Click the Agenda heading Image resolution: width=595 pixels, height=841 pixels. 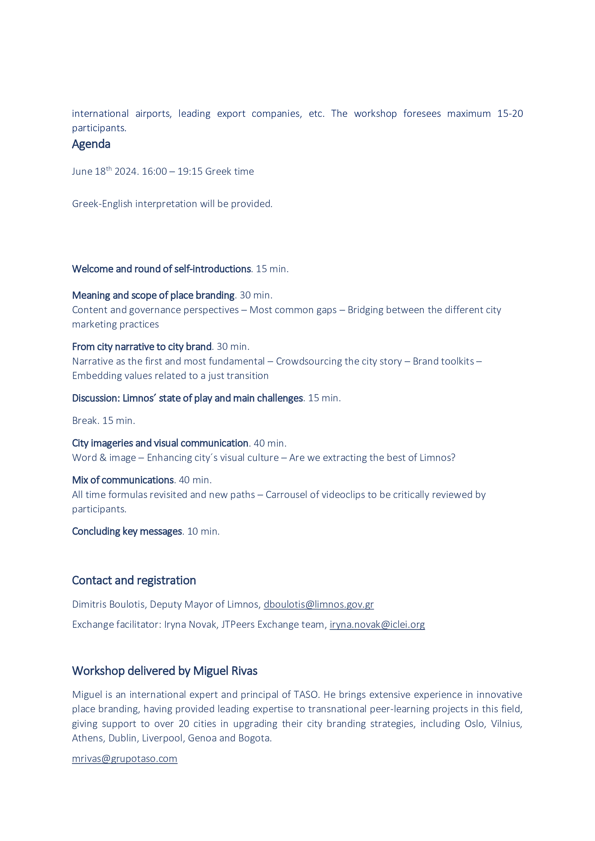[x=91, y=144]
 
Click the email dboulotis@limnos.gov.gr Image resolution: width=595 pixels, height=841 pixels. [x=318, y=604]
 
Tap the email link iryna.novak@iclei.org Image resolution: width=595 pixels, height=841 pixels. [x=377, y=624]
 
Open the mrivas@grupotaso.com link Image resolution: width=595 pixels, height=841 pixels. [x=124, y=758]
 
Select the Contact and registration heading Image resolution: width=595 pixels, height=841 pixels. [x=134, y=581]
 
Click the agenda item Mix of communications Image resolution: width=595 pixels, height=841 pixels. [x=123, y=480]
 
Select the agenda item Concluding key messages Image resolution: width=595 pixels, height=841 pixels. [x=127, y=531]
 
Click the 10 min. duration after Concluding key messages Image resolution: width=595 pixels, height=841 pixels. [x=203, y=531]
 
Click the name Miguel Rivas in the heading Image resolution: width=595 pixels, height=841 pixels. [x=225, y=671]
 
